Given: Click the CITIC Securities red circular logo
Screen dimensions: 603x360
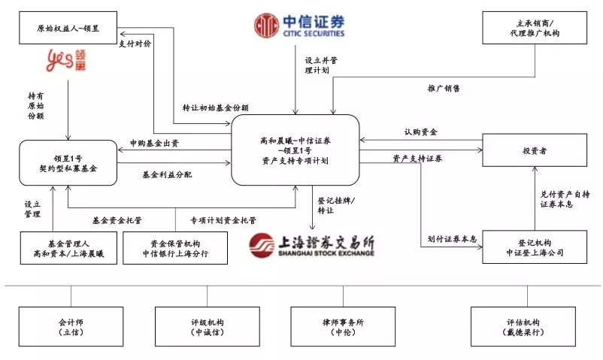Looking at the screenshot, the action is pyautogui.click(x=266, y=26).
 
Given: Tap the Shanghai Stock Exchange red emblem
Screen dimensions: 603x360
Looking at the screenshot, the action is pyautogui.click(x=262, y=245).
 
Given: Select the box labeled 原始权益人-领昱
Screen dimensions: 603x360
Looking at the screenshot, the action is pyautogui.click(x=68, y=28).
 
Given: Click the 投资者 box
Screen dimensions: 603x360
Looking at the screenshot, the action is pyautogui.click(x=535, y=150).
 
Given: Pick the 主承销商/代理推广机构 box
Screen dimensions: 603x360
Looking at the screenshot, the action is pyautogui.click(x=535, y=28).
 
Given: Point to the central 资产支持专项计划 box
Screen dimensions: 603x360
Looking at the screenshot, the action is pyautogui.click(x=295, y=150).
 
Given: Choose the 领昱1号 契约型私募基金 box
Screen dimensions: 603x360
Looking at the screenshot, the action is pyautogui.click(x=68, y=163).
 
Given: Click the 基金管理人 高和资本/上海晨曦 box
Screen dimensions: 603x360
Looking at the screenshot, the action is pyautogui.click(x=68, y=248).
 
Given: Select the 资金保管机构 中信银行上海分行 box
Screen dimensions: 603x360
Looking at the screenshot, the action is pyautogui.click(x=175, y=248).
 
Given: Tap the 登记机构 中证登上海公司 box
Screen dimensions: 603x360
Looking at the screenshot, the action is pyautogui.click(x=535, y=247).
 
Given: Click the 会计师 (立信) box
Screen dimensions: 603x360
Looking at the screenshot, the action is pyautogui.click(x=71, y=326).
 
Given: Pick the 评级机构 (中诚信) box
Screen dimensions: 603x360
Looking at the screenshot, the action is pyautogui.click(x=208, y=326).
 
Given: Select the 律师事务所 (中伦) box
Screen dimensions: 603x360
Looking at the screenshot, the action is pyautogui.click(x=343, y=326).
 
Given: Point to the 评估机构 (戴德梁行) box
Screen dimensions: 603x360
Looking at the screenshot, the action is pyautogui.click(x=523, y=326).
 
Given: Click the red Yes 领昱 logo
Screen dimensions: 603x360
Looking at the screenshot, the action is pyautogui.click(x=65, y=60).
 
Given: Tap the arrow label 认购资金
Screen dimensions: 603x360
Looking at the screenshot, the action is pyautogui.click(x=421, y=132).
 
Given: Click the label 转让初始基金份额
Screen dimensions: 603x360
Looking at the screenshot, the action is pyautogui.click(x=216, y=107).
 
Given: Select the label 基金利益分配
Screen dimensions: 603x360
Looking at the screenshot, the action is pyautogui.click(x=167, y=174).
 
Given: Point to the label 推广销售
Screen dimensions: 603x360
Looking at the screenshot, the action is pyautogui.click(x=444, y=88).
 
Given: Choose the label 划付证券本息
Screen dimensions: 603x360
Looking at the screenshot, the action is pyautogui.click(x=452, y=239).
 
